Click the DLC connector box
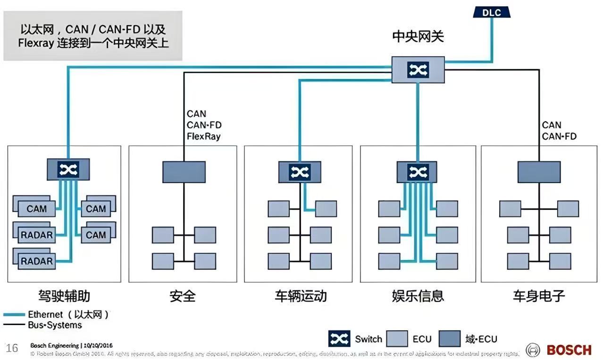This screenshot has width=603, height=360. (x=492, y=12)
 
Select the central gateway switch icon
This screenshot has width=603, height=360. (x=418, y=70)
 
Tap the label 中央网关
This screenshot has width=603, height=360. (x=418, y=36)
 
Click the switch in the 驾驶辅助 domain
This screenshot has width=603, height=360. (x=68, y=169)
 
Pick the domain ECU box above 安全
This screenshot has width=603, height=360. (x=184, y=172)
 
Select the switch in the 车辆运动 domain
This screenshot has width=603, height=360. (x=300, y=172)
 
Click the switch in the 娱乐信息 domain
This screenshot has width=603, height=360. (x=418, y=172)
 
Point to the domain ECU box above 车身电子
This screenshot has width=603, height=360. (x=539, y=172)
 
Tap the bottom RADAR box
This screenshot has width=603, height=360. (x=37, y=261)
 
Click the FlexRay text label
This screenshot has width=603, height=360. (x=204, y=137)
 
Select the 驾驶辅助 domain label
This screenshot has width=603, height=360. (x=64, y=296)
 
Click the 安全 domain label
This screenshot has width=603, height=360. (x=183, y=296)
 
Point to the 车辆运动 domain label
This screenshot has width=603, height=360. (x=301, y=296)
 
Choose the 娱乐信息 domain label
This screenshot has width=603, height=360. (x=418, y=296)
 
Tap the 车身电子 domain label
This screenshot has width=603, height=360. (x=539, y=296)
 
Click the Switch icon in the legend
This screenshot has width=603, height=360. (x=339, y=339)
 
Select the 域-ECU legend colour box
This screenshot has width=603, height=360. (x=449, y=339)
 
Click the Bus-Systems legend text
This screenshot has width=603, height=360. (x=55, y=325)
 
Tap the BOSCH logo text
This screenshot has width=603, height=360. (x=569, y=350)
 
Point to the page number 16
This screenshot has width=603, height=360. (x=12, y=349)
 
